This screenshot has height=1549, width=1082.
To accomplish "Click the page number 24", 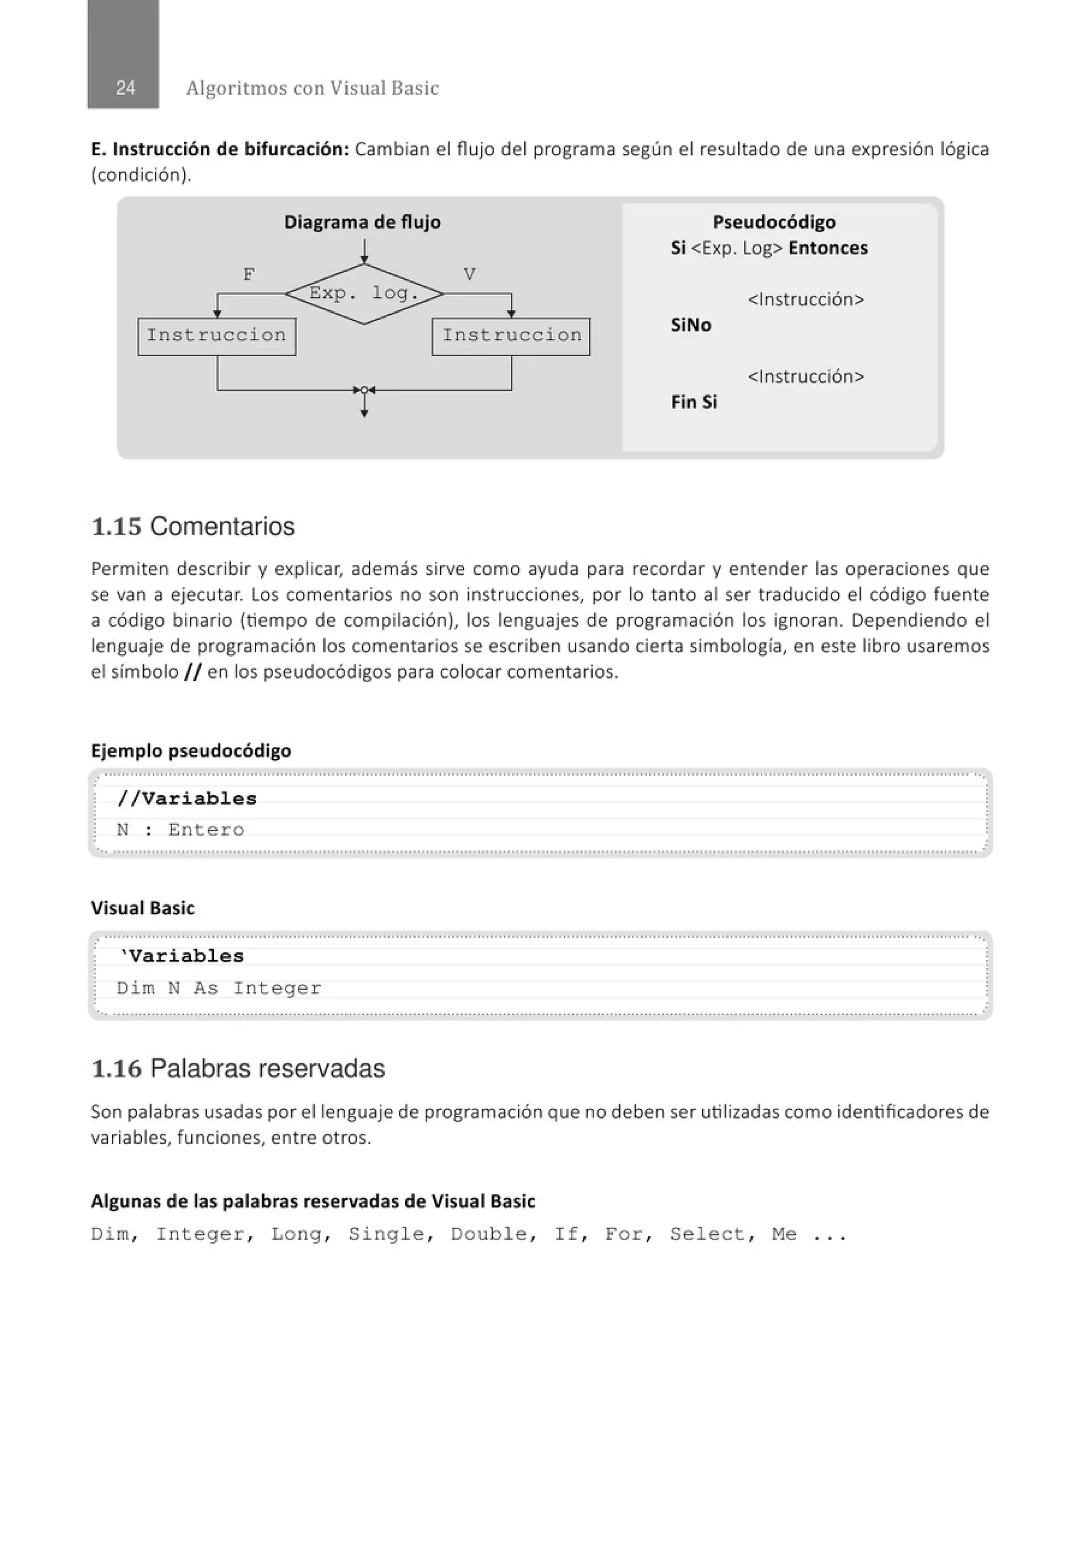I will point(125,88).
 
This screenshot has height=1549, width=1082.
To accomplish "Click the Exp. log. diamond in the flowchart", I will point(363,293).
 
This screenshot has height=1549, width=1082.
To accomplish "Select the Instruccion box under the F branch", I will point(217,336).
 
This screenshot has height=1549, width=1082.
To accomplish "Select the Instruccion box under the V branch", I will point(511,336).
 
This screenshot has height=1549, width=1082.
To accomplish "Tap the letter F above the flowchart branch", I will point(248,275).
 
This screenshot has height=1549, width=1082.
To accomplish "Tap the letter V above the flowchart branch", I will point(470,275).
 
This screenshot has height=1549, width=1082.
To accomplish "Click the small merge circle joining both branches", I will point(364,390).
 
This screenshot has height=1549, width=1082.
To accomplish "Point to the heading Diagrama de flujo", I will point(362,222).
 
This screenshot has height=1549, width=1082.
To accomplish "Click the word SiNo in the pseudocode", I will point(691,325).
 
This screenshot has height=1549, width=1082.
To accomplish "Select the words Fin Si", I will point(694,402).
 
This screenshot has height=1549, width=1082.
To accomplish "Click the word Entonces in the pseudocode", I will point(828,248).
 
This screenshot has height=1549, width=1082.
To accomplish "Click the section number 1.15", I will point(116,527).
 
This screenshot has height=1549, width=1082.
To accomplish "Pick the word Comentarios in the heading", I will point(222,527).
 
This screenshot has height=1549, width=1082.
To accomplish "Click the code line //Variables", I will point(187,799).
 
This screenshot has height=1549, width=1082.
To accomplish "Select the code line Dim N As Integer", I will point(219,988).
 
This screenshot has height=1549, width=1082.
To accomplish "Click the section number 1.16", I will point(116,1069).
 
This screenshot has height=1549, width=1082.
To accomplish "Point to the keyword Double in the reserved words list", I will point(489,1235).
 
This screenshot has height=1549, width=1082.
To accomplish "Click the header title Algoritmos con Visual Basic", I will point(312,88).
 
